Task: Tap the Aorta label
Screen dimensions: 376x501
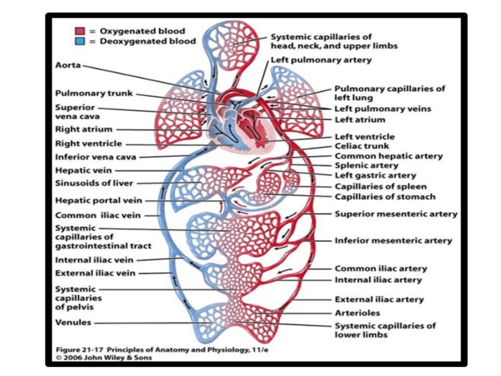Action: pos(68,65)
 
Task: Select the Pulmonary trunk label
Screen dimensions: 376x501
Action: pos(94,93)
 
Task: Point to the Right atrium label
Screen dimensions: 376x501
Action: pos(84,129)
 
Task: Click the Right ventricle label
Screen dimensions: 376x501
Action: pos(89,143)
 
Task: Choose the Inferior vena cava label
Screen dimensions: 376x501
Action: pos(96,157)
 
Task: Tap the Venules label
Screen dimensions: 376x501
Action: pos(73,323)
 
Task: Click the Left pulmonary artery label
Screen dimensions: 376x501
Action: pos(321,60)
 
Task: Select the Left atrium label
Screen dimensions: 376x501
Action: pos(360,119)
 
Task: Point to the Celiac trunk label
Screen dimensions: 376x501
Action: pos(362,146)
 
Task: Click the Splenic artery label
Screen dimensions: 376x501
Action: pos(366,166)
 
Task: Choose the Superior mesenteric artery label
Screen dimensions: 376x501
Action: pos(396,214)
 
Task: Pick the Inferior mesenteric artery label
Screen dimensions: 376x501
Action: pos(393,241)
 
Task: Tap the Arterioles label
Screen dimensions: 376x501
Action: pos(357,313)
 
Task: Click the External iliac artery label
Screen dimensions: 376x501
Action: pos(379,300)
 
